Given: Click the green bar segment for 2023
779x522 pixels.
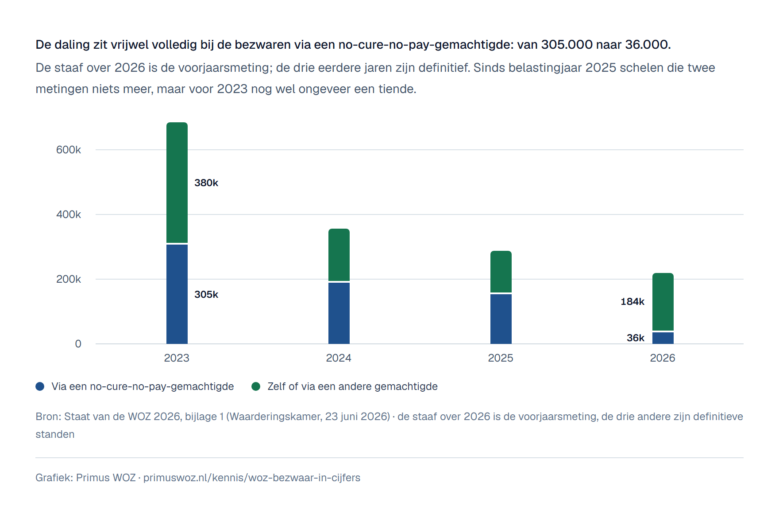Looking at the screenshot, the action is coord(177,183).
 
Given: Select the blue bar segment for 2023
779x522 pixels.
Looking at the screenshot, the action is coord(177,294).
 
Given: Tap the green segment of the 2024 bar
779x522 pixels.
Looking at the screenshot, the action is coord(339,255).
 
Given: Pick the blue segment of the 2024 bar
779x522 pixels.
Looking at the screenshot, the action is coord(339,313).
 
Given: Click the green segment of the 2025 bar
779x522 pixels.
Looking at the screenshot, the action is coord(501,272).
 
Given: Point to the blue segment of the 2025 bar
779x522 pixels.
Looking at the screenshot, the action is coord(501,319).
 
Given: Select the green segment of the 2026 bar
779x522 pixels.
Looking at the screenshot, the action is coord(663,302).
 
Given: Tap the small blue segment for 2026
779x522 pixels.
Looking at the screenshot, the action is coord(663,338).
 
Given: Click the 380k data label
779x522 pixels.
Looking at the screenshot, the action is coord(206,183).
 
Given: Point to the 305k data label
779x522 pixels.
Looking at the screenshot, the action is coord(206,294).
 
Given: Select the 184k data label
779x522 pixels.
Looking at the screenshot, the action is coord(632,301).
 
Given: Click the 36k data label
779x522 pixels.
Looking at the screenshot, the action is coord(636,338).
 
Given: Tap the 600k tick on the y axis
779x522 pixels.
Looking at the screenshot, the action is coord(69,150).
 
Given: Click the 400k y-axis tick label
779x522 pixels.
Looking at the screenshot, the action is coord(69,214).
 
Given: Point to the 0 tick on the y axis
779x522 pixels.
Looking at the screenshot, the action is coord(78,344).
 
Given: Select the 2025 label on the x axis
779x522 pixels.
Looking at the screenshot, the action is coord(501,358).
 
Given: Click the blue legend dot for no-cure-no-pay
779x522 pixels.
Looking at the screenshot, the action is coord(40,386).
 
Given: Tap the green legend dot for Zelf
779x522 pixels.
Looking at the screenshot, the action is coord(256,386).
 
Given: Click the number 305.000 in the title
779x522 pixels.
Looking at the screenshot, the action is coord(567,45).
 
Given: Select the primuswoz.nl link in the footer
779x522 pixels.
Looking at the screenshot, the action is coord(252,478).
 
